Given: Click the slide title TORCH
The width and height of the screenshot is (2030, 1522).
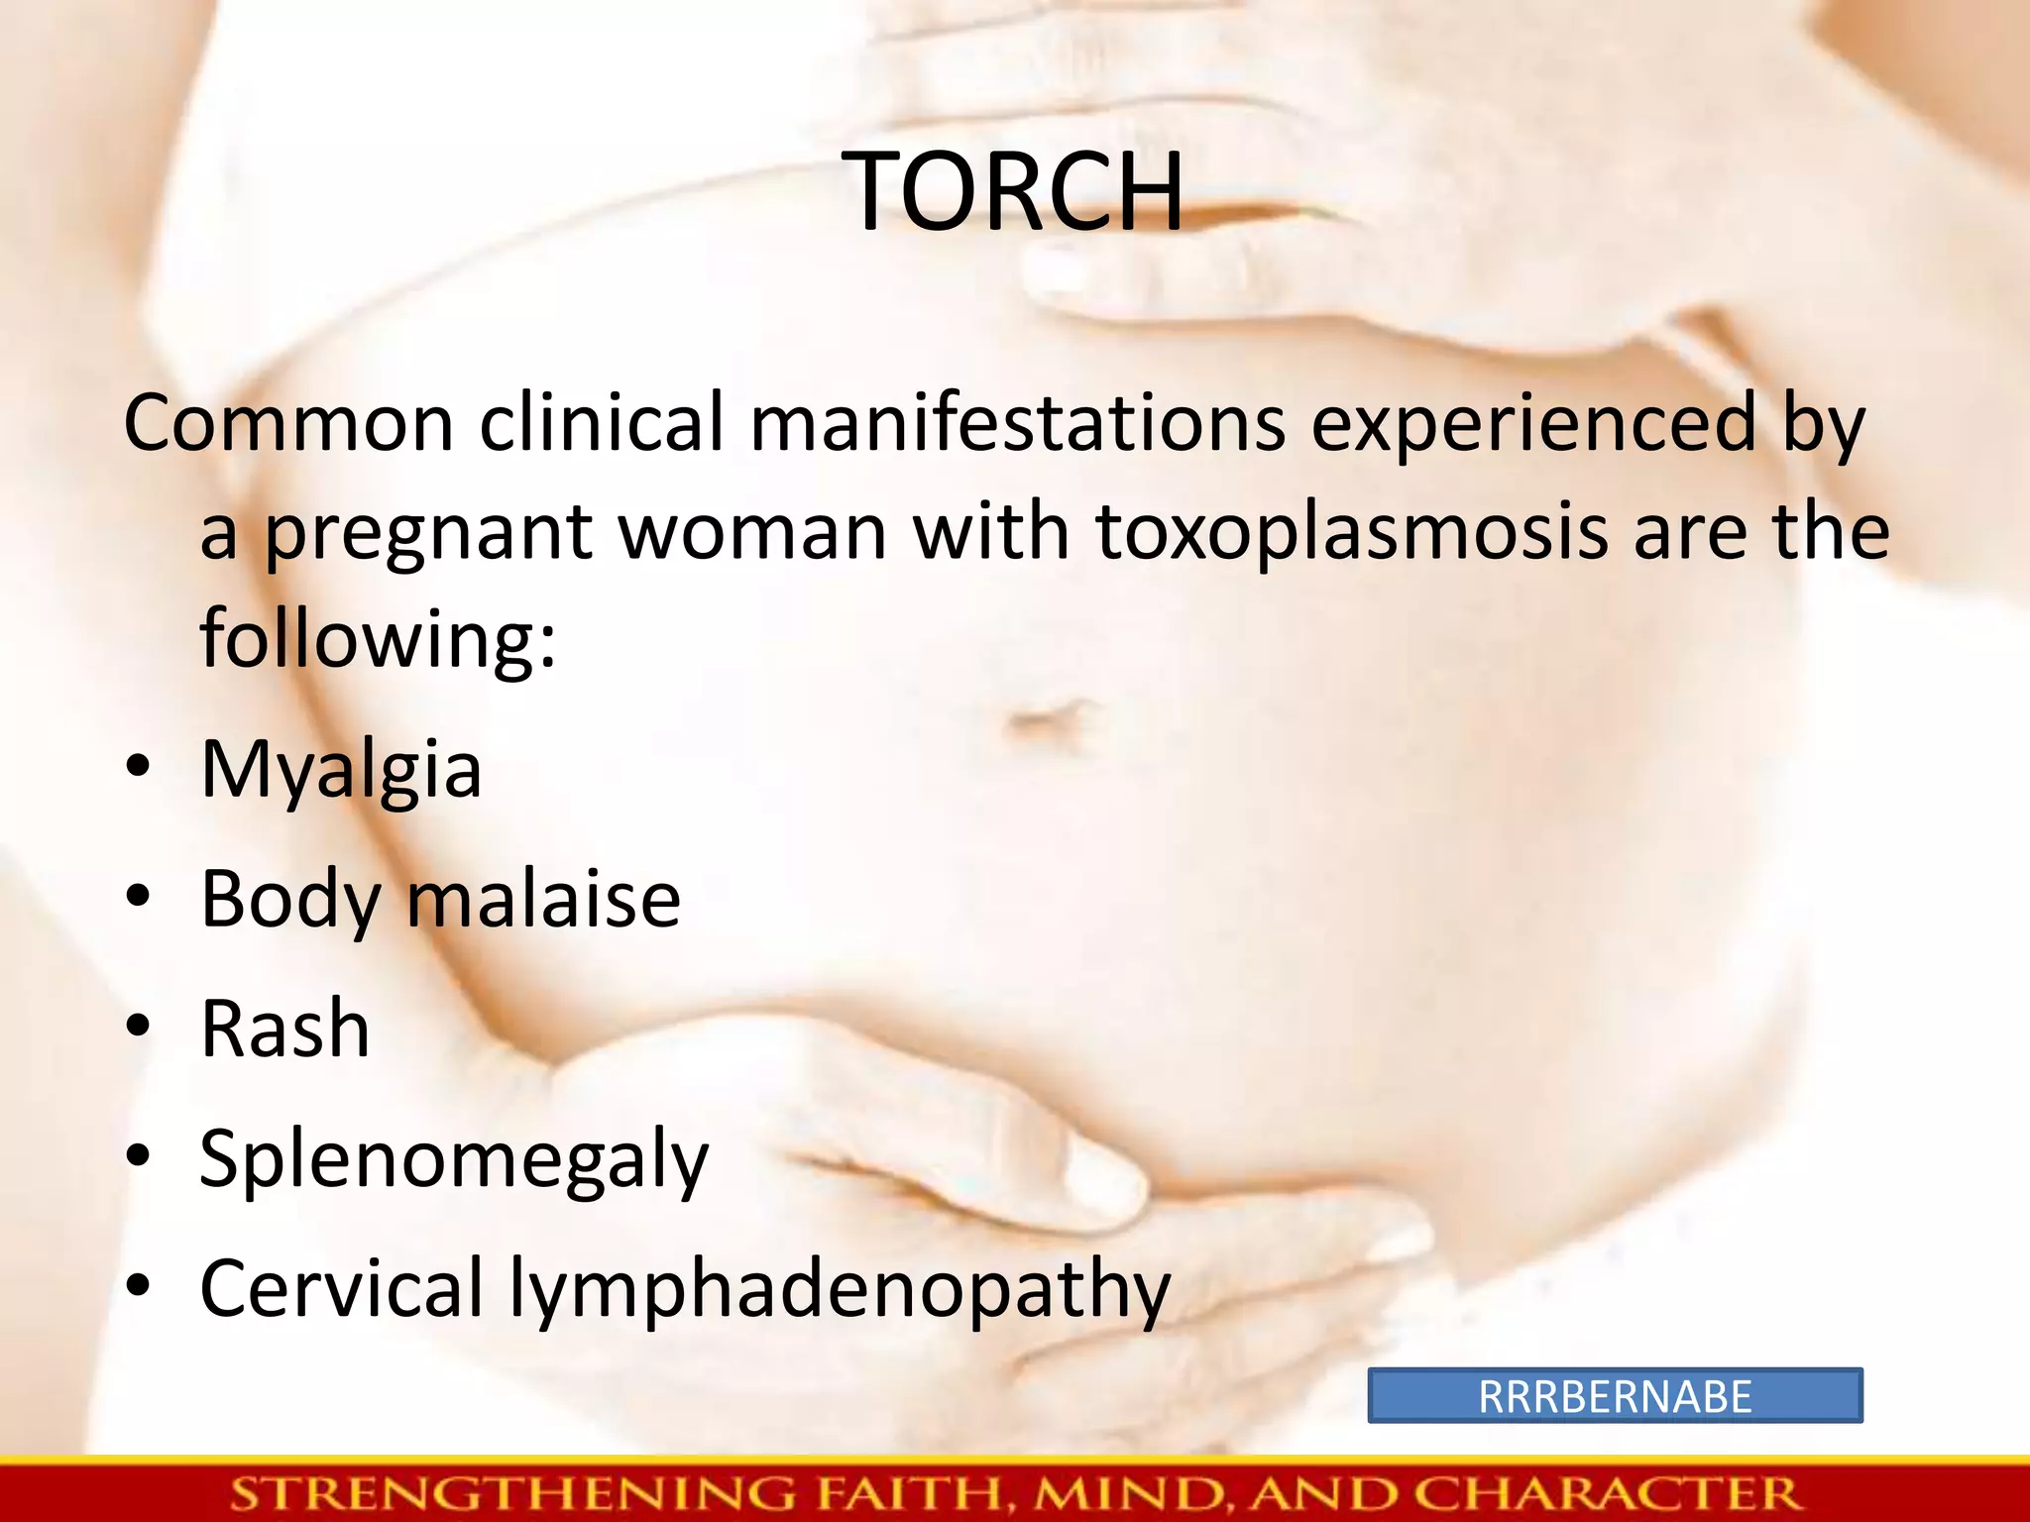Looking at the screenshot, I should click(x=1016, y=191).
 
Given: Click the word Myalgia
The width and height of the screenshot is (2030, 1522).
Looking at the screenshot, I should click(x=341, y=770).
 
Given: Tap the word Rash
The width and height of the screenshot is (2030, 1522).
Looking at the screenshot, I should click(x=285, y=1030).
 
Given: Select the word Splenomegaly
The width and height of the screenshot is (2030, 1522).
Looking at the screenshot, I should click(x=454, y=1159).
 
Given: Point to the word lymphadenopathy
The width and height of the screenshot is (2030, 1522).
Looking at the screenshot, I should click(x=840, y=1290).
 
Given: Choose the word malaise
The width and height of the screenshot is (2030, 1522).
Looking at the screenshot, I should click(x=543, y=900).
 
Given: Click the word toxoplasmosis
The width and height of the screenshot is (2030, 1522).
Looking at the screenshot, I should click(x=1352, y=533).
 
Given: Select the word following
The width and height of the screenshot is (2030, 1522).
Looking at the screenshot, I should click(x=378, y=638).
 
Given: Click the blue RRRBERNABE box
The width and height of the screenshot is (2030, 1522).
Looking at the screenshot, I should click(x=1615, y=1396).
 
